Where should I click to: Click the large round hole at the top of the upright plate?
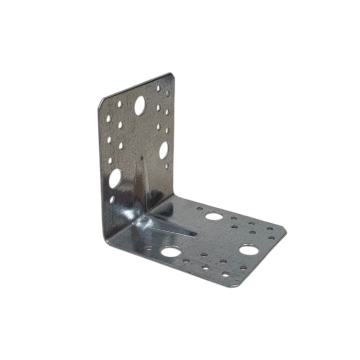139,106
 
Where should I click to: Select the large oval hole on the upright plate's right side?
164,150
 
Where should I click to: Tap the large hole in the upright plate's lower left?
115,178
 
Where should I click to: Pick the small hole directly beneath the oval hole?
167,166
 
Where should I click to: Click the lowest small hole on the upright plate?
112,199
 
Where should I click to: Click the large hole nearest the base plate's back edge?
214,216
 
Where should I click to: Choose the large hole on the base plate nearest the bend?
170,252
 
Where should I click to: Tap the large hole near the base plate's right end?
248,250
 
